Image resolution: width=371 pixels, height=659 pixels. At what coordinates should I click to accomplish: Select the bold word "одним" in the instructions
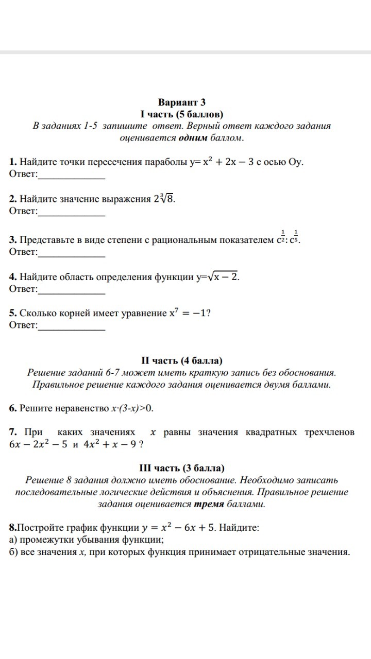point(195,137)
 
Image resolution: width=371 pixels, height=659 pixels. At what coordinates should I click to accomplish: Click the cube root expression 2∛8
point(164,199)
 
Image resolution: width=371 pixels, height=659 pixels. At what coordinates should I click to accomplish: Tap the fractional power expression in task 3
point(289,238)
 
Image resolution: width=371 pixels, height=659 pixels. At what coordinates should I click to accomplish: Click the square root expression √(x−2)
point(223,276)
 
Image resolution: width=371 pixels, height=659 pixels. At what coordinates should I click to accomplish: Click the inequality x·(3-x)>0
point(132,408)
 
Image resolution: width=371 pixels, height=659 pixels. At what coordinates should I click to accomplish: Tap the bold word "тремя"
point(209,504)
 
